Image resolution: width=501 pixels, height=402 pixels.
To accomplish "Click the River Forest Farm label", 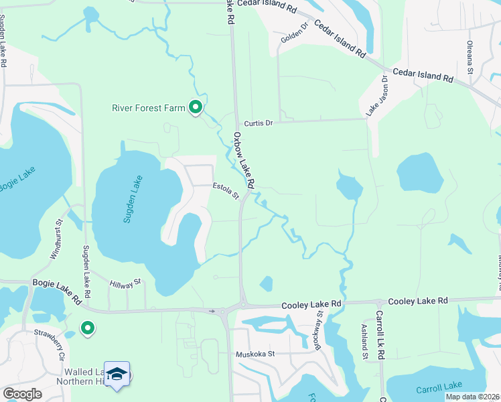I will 148,107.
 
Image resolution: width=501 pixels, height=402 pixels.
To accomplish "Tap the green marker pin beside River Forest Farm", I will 196,107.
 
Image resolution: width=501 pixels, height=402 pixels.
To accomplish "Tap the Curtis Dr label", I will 259,123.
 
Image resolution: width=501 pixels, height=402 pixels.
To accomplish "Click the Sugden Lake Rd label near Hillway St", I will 86,265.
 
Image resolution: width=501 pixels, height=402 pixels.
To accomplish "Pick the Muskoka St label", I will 255,353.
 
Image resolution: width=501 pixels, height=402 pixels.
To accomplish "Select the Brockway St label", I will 320,331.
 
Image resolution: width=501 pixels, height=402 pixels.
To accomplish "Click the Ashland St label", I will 365,342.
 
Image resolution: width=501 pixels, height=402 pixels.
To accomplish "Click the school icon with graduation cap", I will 117,374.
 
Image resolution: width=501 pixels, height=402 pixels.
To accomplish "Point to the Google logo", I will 22,394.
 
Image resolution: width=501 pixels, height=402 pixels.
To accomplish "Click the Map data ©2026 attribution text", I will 473,397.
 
